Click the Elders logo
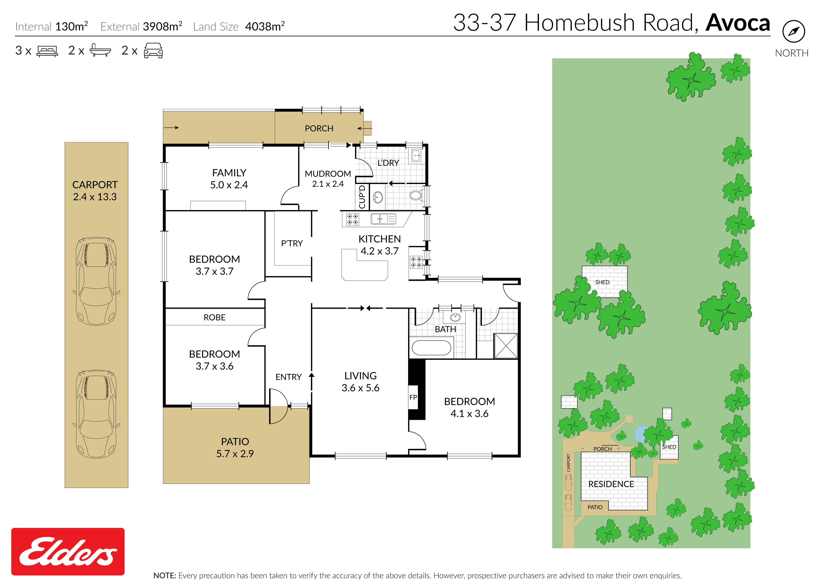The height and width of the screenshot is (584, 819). click(68, 551)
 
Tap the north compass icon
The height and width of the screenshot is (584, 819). click(793, 32)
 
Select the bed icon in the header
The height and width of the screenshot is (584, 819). click(47, 51)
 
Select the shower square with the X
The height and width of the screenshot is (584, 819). click(506, 345)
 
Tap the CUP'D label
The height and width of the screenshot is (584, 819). click(362, 197)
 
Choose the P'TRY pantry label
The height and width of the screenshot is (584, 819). click(292, 244)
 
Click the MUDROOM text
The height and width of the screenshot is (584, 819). click(328, 174)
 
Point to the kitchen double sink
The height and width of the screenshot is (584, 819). click(383, 219)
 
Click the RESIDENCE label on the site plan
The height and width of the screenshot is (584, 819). click(611, 484)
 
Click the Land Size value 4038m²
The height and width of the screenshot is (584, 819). click(265, 26)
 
